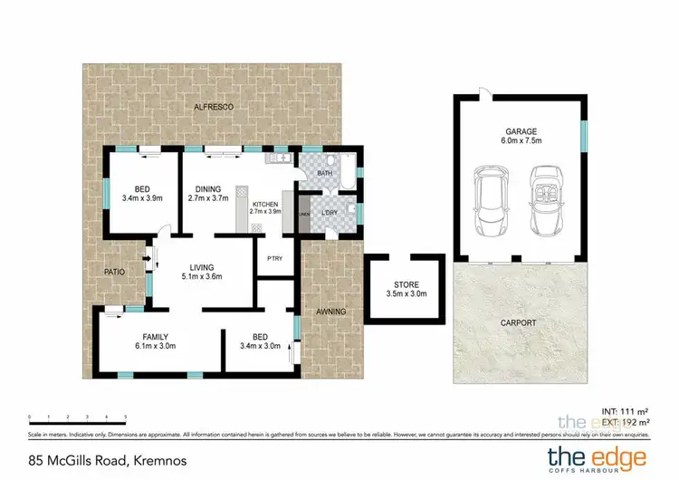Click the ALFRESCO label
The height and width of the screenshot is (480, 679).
pyautogui.click(x=214, y=107)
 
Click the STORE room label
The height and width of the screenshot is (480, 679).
pyautogui.click(x=406, y=289)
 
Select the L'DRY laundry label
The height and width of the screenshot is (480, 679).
pyautogui.click(x=329, y=212)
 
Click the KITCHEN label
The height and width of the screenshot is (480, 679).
pyautogui.click(x=266, y=205)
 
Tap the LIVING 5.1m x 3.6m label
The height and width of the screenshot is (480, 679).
pyautogui.click(x=201, y=272)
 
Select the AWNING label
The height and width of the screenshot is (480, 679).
pyautogui.click(x=330, y=312)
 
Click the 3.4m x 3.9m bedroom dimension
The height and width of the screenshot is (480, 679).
pyautogui.click(x=142, y=199)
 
